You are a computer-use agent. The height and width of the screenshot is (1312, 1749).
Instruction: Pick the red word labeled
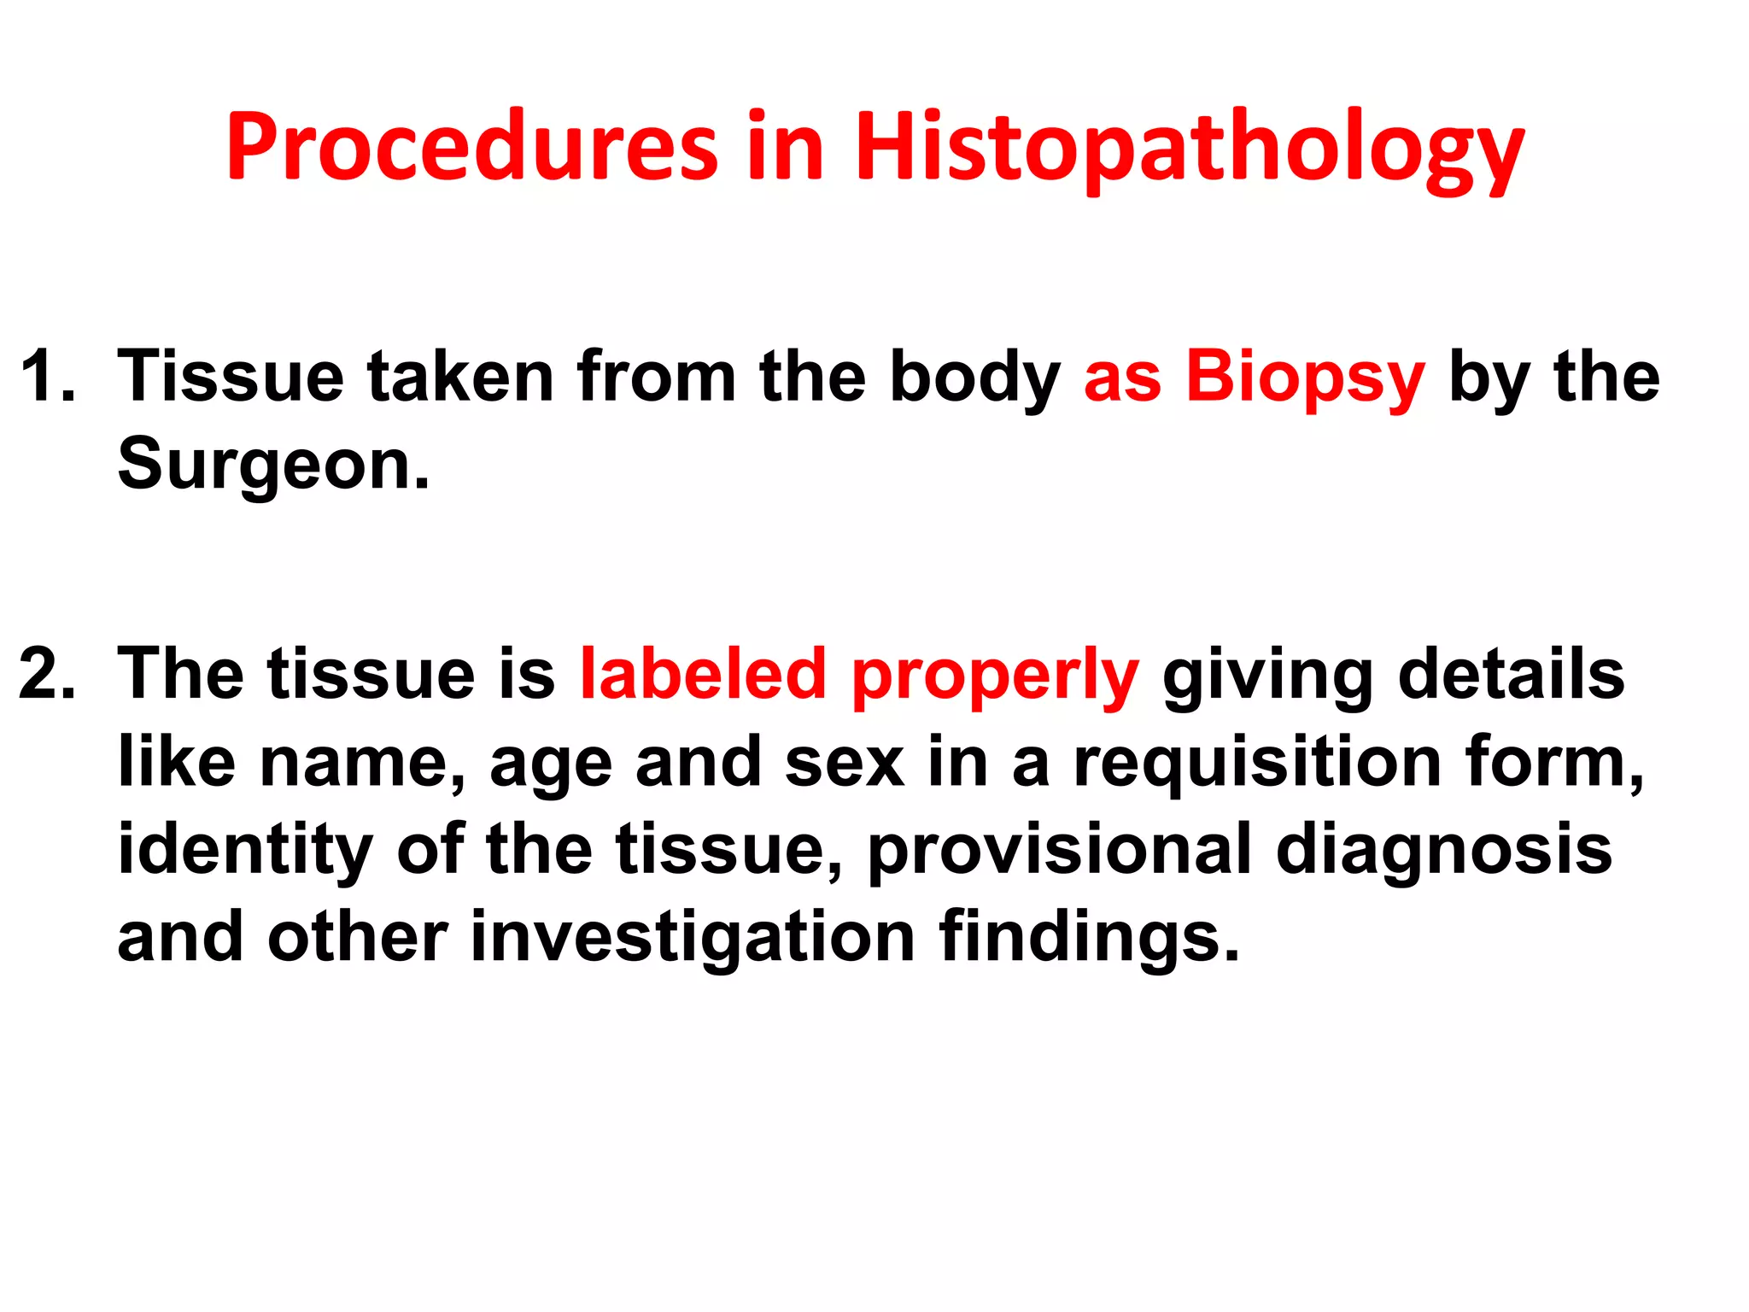[703, 674]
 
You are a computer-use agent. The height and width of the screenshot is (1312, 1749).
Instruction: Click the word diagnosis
[1443, 851]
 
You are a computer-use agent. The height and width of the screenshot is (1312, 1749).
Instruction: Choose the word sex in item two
[844, 763]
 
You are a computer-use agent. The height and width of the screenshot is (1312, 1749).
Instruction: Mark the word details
[1511, 674]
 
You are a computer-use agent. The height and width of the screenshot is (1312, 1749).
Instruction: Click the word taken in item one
[459, 376]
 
